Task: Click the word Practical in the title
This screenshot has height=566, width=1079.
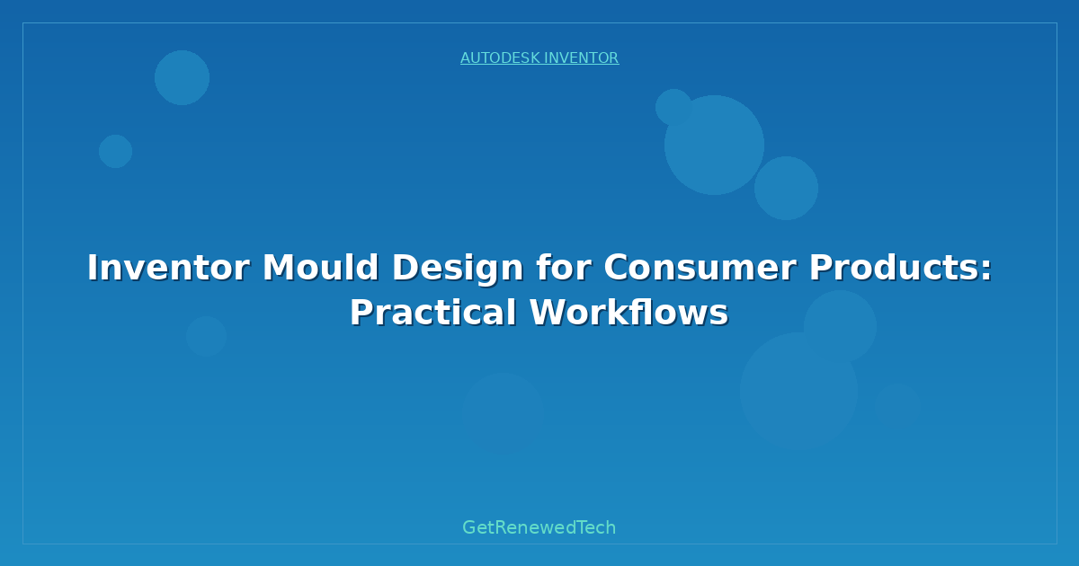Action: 432,313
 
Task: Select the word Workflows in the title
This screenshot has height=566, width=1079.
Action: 629,313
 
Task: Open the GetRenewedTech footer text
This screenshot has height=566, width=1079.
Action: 539,527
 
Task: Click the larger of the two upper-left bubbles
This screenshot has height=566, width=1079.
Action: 182,77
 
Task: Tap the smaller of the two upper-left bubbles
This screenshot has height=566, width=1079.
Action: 115,151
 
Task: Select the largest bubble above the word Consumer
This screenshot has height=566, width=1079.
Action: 714,145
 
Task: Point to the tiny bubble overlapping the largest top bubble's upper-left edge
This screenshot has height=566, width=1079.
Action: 673,107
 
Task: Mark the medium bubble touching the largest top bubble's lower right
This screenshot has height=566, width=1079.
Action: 786,188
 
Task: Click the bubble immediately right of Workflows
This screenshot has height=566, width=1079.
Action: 840,326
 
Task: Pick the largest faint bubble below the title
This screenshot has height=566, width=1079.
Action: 798,391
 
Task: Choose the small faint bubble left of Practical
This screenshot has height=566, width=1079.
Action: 206,336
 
